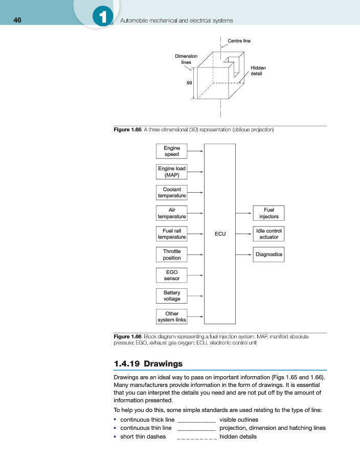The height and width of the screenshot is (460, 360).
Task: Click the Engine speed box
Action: point(171,151)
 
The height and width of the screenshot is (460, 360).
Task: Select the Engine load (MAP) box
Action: point(171,172)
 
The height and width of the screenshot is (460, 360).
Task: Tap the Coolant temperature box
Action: point(171,192)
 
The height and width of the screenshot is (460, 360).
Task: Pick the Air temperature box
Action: point(171,213)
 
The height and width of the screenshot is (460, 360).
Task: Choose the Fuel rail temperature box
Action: point(171,234)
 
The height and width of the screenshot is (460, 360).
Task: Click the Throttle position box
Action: point(171,255)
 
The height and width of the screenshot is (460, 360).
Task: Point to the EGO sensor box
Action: point(171,275)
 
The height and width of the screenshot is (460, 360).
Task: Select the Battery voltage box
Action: point(171,295)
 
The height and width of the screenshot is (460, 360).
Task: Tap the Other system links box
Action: point(171,316)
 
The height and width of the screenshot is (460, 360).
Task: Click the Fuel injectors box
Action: point(268,213)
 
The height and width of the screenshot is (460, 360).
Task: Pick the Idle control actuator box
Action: point(268,234)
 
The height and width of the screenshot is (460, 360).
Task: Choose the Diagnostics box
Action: point(268,255)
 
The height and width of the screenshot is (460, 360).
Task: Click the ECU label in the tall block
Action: point(220,234)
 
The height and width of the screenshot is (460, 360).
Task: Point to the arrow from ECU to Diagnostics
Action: point(244,255)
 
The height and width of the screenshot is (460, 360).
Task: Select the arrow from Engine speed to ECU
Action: point(195,151)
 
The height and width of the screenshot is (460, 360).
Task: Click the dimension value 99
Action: point(189,83)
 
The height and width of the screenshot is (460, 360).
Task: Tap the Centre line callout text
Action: point(239,40)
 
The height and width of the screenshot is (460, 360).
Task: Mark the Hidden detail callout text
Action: point(258,71)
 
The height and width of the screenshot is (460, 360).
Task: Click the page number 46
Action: point(17,20)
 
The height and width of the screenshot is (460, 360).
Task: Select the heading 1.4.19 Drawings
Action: point(148,364)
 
